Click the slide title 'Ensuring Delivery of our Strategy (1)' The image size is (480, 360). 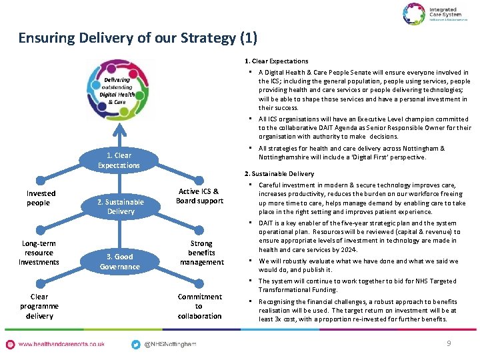(137, 38)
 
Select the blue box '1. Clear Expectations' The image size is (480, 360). (119, 161)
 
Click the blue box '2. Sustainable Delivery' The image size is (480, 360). (120, 207)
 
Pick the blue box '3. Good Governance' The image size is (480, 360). (120, 261)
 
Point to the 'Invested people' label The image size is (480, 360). (41, 198)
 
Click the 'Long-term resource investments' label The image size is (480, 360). (39, 253)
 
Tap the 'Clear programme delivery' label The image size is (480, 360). (39, 306)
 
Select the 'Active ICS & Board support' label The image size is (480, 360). (199, 197)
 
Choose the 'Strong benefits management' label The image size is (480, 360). (201, 253)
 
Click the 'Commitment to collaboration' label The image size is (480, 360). (199, 306)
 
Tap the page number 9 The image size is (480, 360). (448, 343)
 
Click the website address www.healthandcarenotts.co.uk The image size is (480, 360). (61, 344)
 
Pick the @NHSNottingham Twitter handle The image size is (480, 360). (171, 344)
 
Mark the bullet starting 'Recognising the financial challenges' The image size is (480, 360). (360, 310)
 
